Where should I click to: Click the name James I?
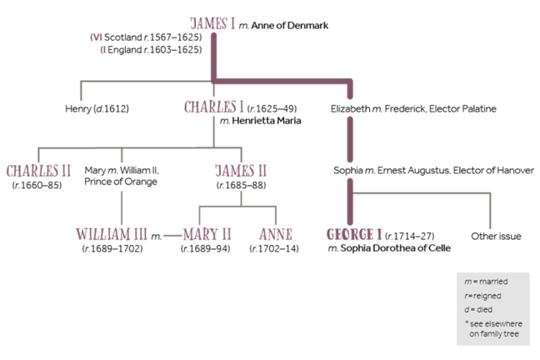213,23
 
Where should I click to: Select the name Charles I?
213,107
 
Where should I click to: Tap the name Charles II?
38,171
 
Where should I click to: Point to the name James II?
241,171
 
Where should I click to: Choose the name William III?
112,234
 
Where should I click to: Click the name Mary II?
207,234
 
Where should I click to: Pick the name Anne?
276,234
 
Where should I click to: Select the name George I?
354,234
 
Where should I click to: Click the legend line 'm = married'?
487,282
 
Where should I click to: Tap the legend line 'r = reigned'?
486,295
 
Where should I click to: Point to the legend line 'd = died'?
480,308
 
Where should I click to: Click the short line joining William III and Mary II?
172,235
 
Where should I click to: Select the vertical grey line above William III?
122,207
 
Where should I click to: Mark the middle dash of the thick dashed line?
351,139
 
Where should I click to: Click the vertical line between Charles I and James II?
213,129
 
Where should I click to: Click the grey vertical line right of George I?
491,210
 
